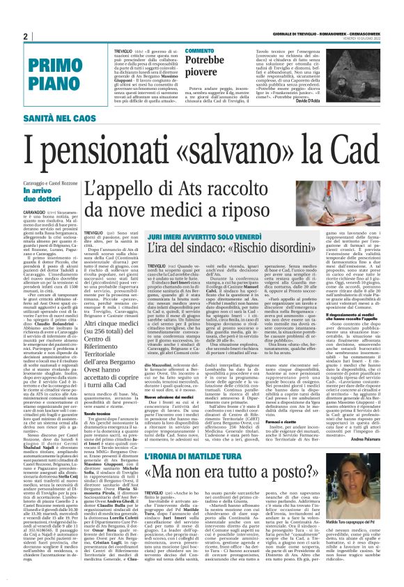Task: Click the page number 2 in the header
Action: click(x=25, y=37)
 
